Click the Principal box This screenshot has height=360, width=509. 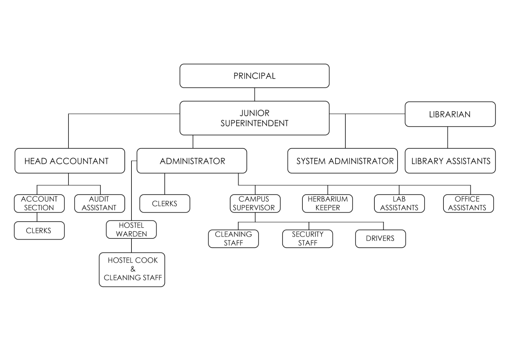[x=254, y=76]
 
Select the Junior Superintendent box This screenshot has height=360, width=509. [x=254, y=118]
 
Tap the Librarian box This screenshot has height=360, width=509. [x=450, y=114]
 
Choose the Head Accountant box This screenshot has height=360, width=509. [x=70, y=161]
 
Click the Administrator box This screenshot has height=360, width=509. [x=192, y=161]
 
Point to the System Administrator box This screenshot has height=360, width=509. [x=343, y=161]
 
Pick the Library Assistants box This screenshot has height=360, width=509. [x=450, y=161]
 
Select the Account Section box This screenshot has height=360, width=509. [x=39, y=203]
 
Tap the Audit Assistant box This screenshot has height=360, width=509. [x=99, y=203]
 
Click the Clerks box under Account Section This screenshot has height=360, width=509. [x=39, y=230]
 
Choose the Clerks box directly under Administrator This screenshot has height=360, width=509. [x=165, y=203]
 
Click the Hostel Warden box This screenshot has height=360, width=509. [x=131, y=229]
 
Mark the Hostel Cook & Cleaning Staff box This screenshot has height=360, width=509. [x=132, y=270]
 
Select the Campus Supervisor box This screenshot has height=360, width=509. [x=255, y=203]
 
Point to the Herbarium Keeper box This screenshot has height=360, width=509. [x=327, y=203]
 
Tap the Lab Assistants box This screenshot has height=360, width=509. [x=399, y=203]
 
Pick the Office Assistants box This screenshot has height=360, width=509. [x=468, y=203]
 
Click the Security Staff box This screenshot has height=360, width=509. [x=308, y=239]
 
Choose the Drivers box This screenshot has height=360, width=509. [x=380, y=239]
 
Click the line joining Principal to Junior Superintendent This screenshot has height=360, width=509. [x=254, y=95]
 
